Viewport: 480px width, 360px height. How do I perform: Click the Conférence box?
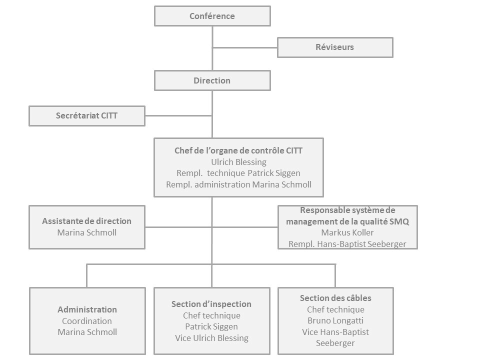(212, 16)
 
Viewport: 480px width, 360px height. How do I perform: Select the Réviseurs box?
(335, 47)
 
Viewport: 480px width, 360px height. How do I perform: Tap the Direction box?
(212, 80)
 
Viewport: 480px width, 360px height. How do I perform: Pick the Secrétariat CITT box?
(87, 116)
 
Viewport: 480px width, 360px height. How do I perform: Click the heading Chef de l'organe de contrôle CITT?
(238, 150)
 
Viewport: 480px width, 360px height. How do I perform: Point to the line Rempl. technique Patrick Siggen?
(238, 173)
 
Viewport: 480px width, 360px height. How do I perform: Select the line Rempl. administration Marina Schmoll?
(239, 184)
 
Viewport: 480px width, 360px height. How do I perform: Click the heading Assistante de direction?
(86, 221)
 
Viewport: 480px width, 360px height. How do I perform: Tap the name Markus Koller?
(347, 232)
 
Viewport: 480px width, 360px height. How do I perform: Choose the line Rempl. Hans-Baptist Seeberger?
(347, 244)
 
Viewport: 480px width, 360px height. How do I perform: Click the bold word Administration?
(87, 309)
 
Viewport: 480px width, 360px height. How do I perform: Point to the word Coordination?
(87, 321)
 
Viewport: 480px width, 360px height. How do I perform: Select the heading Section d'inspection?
(211, 304)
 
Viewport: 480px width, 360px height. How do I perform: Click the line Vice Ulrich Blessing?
(212, 338)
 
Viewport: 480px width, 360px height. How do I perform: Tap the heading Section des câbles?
(335, 298)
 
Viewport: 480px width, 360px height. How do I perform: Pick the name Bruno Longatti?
(335, 320)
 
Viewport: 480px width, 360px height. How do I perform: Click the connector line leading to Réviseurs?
(245, 48)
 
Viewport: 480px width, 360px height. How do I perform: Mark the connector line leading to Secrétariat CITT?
(179, 116)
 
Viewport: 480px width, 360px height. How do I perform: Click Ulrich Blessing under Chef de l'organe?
(239, 162)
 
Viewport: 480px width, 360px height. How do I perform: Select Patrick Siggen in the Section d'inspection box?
(211, 326)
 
